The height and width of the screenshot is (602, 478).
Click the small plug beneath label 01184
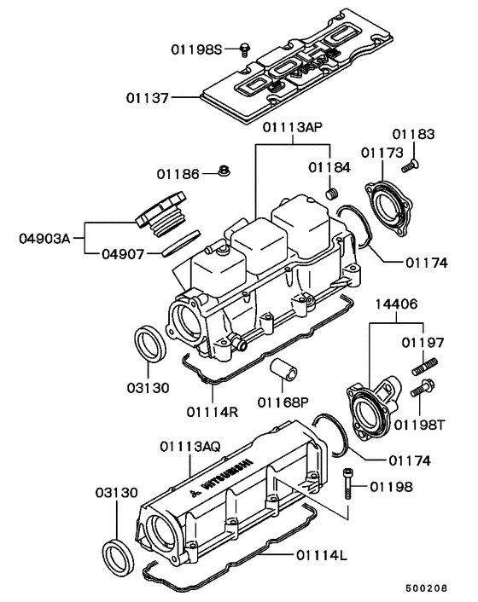[x=335, y=194]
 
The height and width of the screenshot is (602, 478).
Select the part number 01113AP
[x=292, y=129]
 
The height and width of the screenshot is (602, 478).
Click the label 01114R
[x=210, y=410]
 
